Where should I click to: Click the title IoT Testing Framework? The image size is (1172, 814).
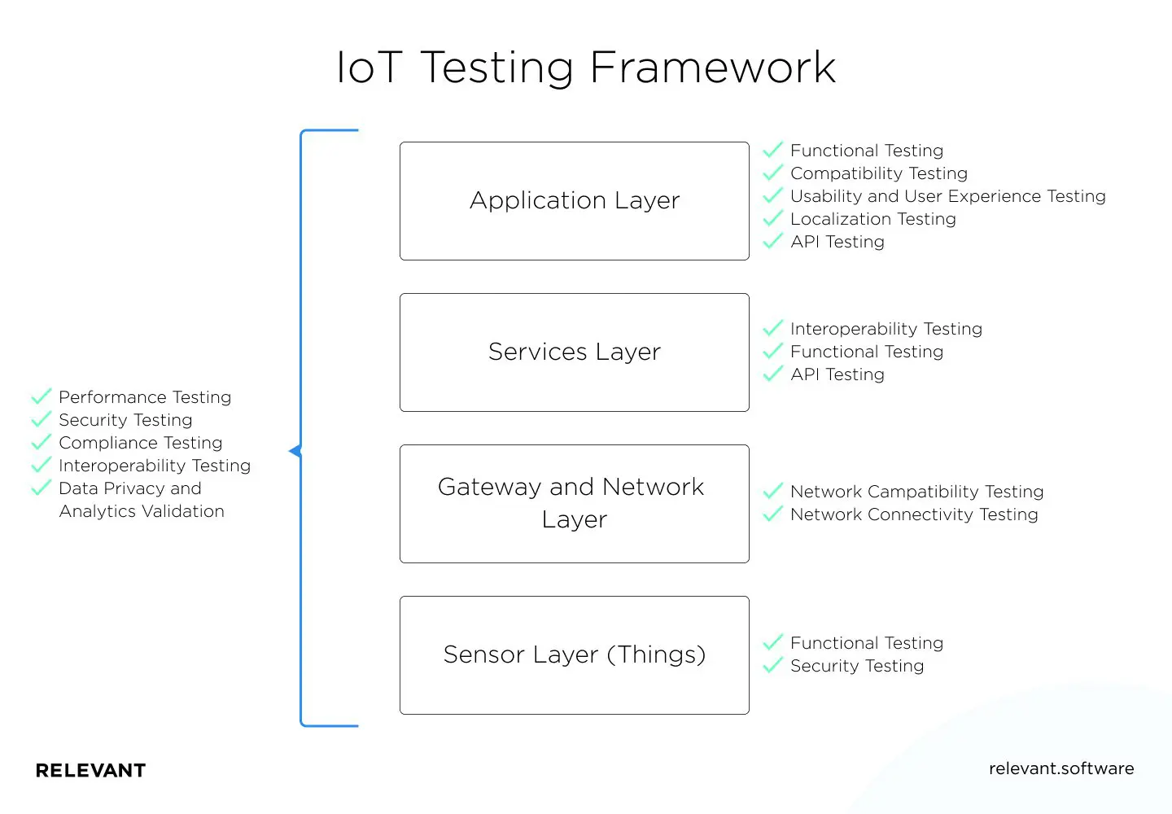[586, 68]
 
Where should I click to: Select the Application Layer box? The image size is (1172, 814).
[574, 201]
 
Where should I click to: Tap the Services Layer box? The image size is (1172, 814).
[574, 352]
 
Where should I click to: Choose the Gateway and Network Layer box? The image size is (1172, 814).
[574, 504]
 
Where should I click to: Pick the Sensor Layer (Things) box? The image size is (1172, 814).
[574, 655]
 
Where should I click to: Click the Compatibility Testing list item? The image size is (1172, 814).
[878, 173]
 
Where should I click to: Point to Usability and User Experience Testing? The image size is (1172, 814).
[947, 196]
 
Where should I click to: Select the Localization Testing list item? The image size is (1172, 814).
[872, 219]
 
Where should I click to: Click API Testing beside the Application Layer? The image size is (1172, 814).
[837, 242]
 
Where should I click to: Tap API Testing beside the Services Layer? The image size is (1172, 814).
[837, 374]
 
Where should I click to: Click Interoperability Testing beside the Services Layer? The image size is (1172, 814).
[886, 329]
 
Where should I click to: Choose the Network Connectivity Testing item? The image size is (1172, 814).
[913, 514]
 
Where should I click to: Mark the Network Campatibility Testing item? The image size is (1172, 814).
[916, 492]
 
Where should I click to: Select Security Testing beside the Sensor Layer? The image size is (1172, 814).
[856, 666]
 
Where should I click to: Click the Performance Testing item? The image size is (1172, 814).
[145, 397]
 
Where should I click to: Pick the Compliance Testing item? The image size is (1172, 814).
[140, 443]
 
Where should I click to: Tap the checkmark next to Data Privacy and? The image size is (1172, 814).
[41, 488]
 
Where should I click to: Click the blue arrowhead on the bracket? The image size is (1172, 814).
[295, 451]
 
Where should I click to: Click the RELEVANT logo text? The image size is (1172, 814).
[90, 771]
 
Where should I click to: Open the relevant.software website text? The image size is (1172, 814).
[1060, 768]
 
